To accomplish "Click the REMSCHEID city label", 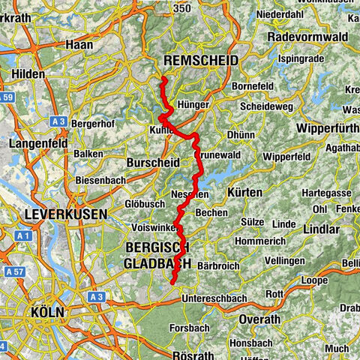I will coord(200,61).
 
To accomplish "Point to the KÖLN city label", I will coord(47,310).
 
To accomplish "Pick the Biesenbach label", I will coord(100,181).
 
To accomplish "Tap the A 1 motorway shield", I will coord(22,235).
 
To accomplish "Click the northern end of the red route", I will coord(163,79).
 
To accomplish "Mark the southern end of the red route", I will coord(172,283).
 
